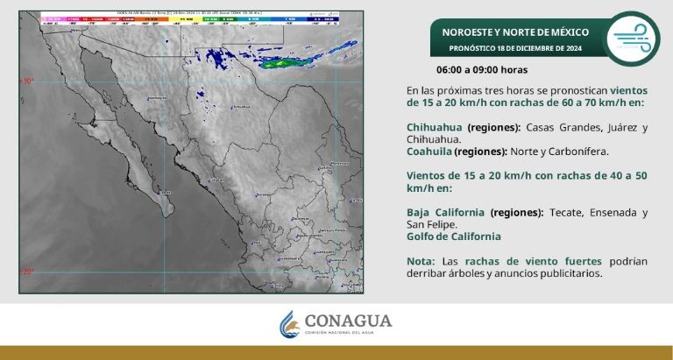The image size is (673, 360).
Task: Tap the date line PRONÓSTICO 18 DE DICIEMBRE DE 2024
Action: (514, 48)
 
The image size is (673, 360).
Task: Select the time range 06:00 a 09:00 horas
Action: (482, 68)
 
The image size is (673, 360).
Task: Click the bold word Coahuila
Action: (434, 151)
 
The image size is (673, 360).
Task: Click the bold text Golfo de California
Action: (454, 236)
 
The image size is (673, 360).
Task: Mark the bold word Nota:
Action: (422, 261)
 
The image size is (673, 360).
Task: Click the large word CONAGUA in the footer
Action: (348, 321)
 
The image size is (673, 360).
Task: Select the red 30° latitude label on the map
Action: (27, 81)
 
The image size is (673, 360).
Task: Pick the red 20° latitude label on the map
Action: (27, 271)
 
